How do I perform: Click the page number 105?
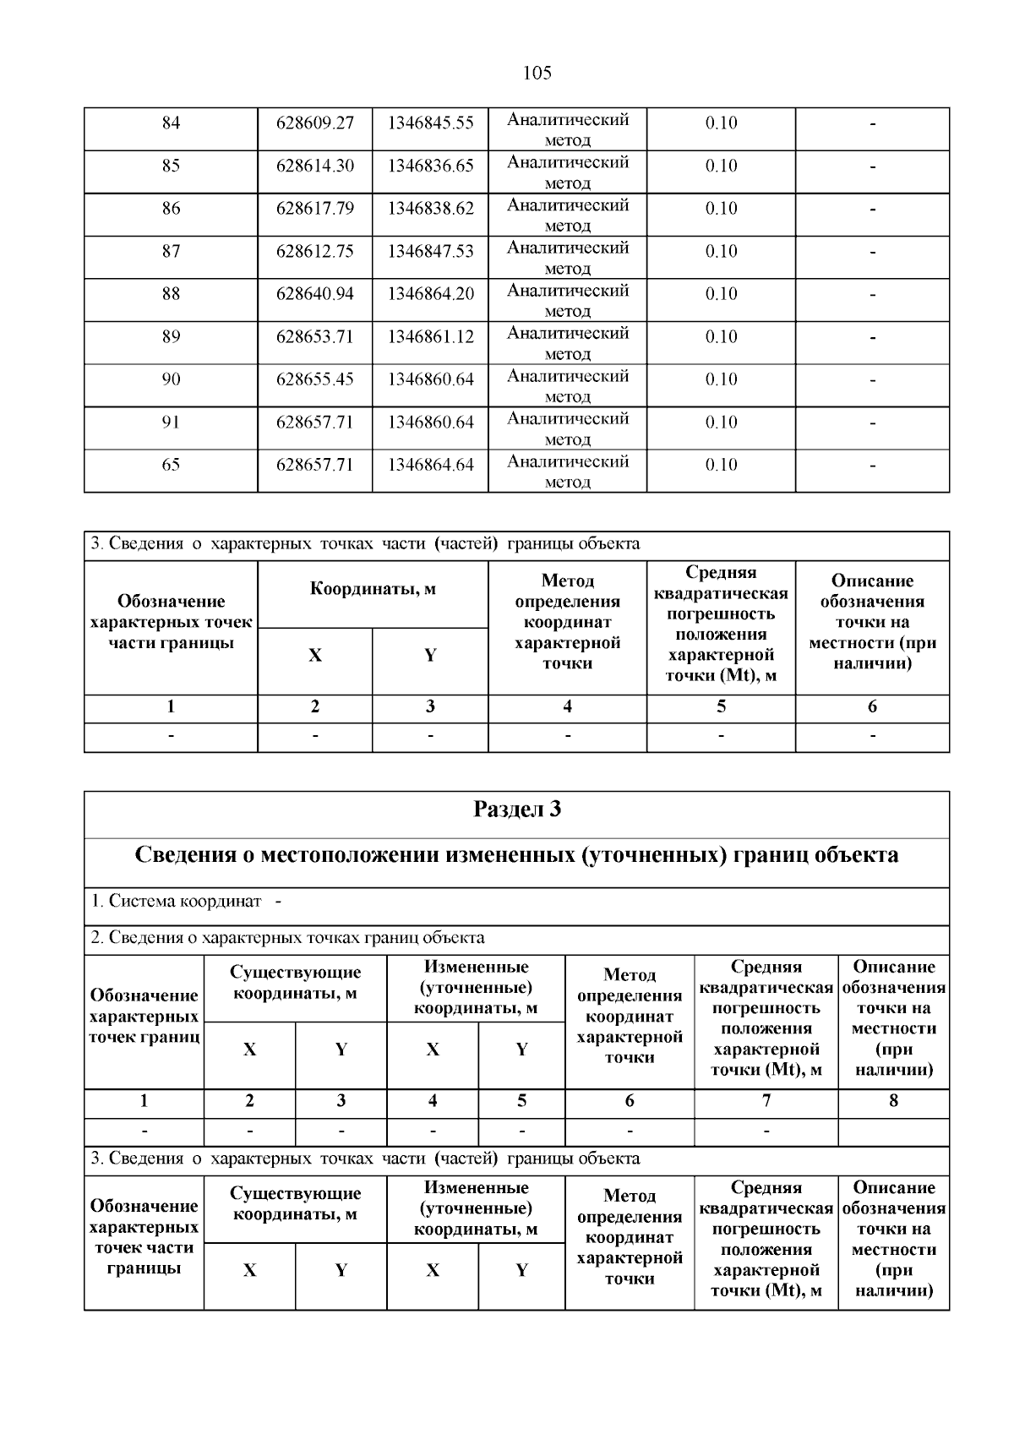tap(537, 73)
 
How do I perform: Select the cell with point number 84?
tap(171, 123)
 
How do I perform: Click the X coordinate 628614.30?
tap(315, 166)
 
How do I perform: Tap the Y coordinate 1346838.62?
tap(431, 209)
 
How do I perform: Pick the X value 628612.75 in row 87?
tap(315, 251)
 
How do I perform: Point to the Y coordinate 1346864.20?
tap(431, 294)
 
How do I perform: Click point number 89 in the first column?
tap(171, 337)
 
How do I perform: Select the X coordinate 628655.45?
tap(315, 379)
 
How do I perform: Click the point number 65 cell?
tap(171, 465)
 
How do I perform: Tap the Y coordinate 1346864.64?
tap(431, 465)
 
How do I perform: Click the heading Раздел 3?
tap(516, 810)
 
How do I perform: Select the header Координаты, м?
tap(373, 589)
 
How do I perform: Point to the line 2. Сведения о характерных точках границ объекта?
tap(287, 937)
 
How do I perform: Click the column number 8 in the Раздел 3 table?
tap(893, 1101)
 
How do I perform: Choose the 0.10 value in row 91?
tap(721, 423)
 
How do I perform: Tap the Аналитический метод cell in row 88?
tap(568, 300)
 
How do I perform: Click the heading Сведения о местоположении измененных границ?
tap(516, 855)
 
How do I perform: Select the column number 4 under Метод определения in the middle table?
tap(567, 707)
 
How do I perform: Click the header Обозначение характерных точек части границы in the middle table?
tap(171, 622)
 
